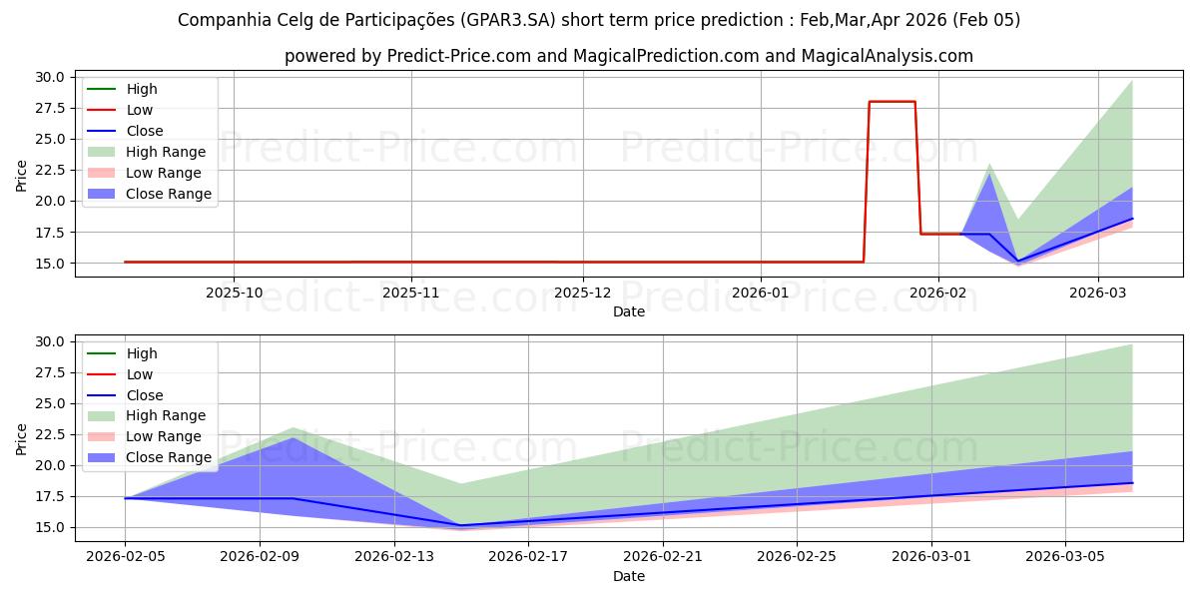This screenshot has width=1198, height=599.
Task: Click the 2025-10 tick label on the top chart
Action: (x=234, y=293)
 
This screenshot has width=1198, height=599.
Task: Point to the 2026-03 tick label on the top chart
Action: (x=1098, y=293)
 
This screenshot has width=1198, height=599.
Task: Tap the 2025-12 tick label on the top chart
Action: (x=583, y=293)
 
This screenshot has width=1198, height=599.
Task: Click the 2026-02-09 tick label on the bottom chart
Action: (x=260, y=557)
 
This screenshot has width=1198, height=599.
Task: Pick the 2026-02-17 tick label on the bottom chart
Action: (x=528, y=557)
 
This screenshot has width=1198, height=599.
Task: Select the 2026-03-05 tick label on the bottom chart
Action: (x=1065, y=557)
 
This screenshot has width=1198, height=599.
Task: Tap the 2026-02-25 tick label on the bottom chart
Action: (x=797, y=557)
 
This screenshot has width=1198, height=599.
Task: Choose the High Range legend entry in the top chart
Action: (x=166, y=152)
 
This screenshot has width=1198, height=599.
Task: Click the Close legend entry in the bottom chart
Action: (x=145, y=395)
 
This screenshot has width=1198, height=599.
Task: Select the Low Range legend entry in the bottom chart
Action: (x=164, y=436)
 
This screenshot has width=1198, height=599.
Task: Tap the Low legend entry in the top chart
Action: (x=140, y=110)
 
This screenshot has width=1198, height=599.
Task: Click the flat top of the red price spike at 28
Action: (x=892, y=102)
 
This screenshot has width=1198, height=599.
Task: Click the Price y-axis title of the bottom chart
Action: (x=22, y=438)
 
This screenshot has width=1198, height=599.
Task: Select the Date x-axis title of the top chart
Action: (x=629, y=311)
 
